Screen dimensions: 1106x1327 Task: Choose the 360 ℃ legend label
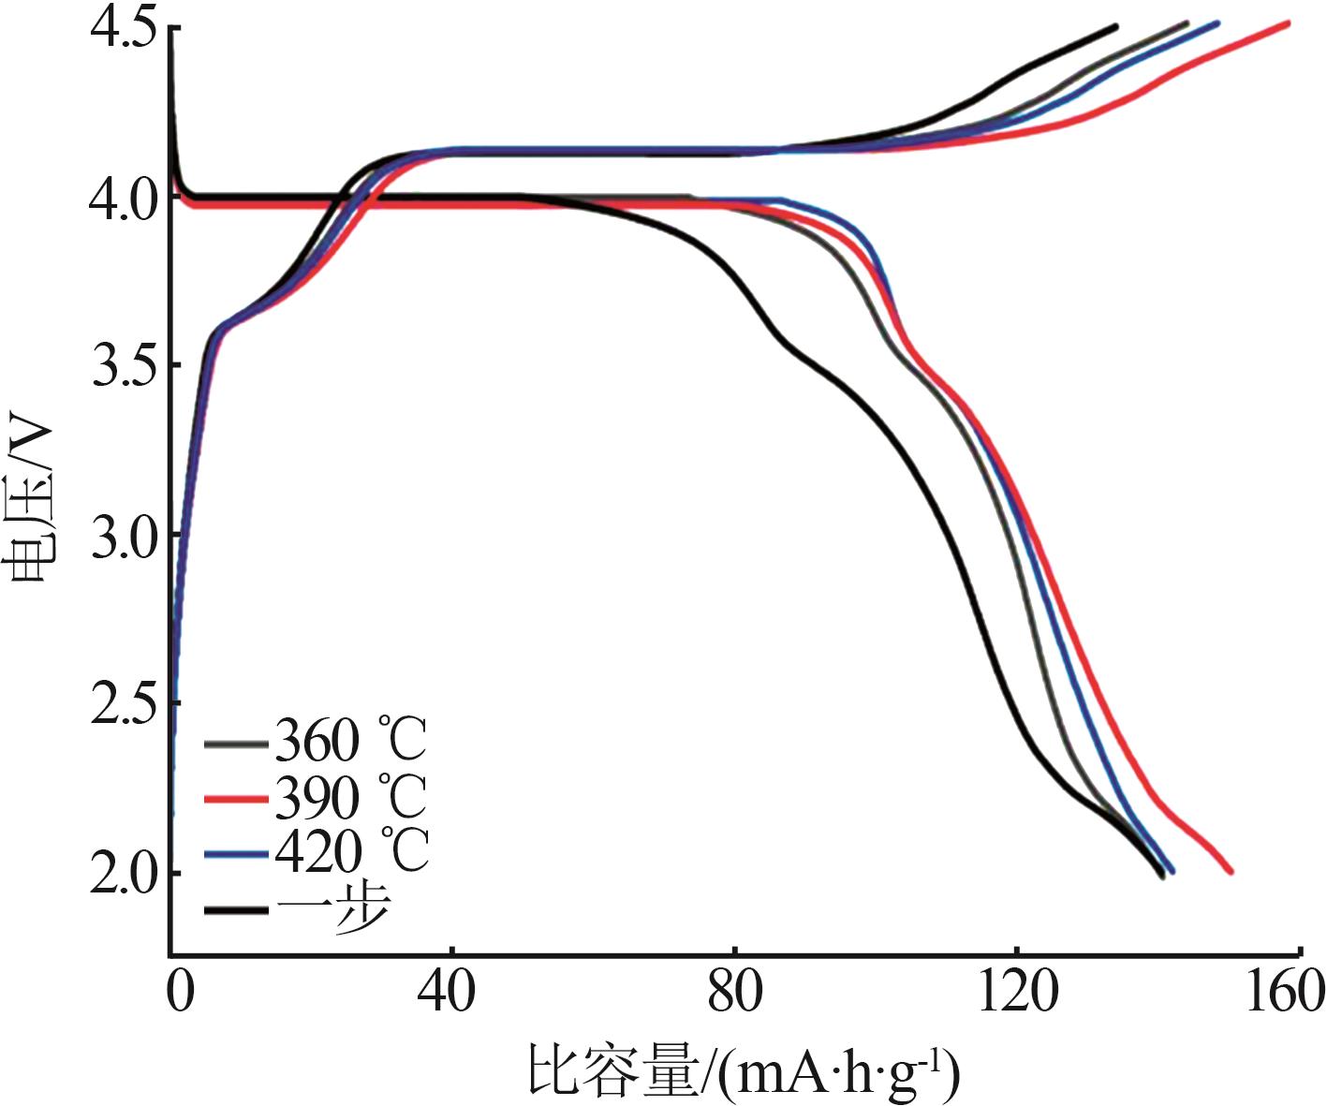coord(350,742)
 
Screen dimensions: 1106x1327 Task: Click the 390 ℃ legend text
coord(350,797)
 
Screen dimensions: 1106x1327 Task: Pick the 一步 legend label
coord(333,907)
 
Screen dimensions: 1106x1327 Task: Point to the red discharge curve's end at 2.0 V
coord(1230,871)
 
